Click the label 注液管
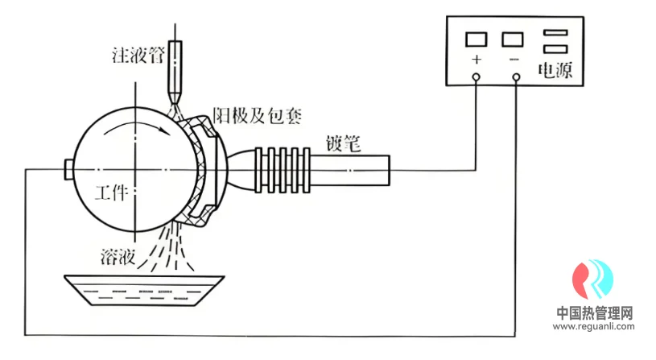[x=138, y=56]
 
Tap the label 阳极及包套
[x=258, y=115]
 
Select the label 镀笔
[x=343, y=143]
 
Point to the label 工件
[x=111, y=192]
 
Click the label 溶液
[x=118, y=257]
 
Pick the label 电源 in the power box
[x=555, y=70]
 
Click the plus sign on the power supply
[x=476, y=60]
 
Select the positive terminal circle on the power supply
[x=476, y=77]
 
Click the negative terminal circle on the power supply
[x=516, y=77]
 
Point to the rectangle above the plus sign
[x=476, y=39]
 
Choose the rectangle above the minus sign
[x=513, y=39]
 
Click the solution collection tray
[x=144, y=291]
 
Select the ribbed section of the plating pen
[x=283, y=170]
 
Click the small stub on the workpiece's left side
[x=69, y=170]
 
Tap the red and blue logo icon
[x=593, y=279]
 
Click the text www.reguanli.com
[x=594, y=326]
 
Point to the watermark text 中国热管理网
[x=595, y=312]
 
